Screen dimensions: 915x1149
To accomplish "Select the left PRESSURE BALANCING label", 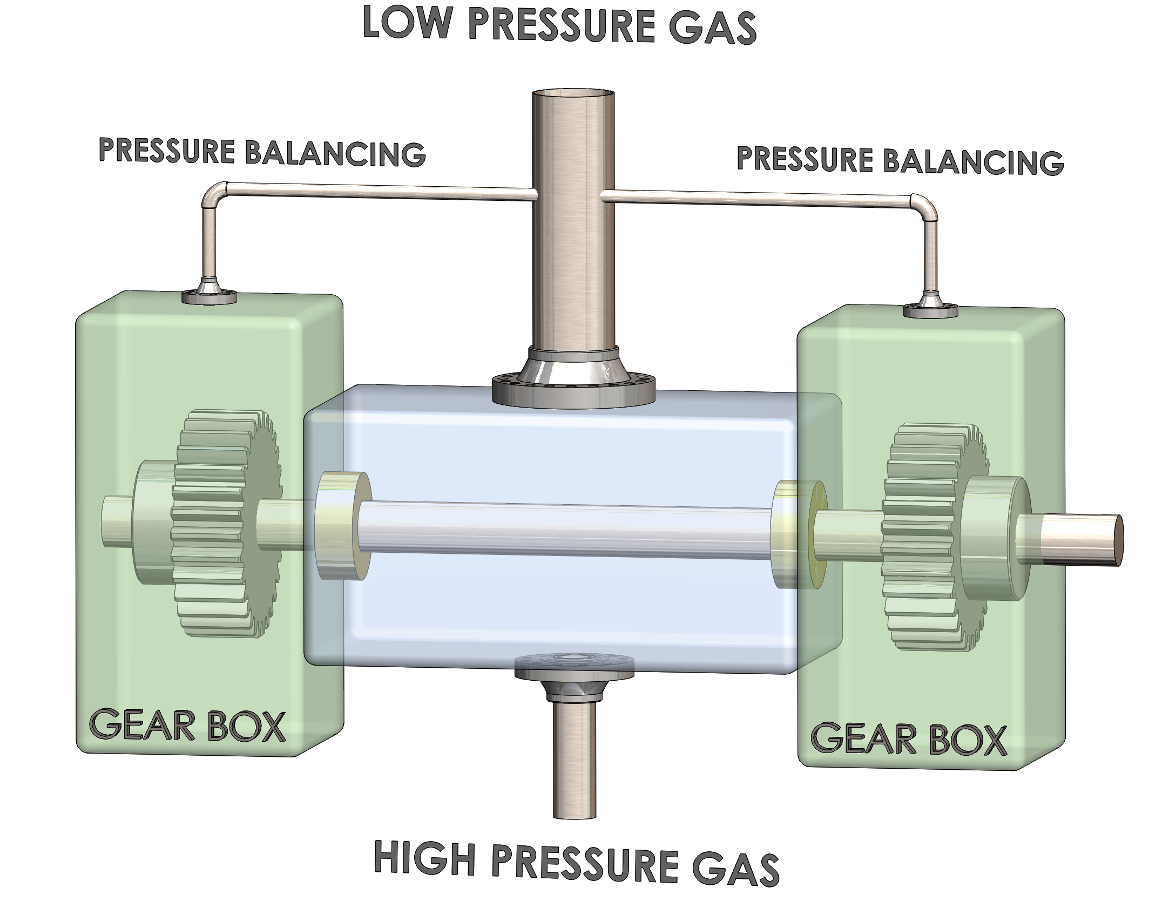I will pos(262,152).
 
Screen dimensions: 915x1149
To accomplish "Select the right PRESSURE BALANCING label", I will pos(900,160).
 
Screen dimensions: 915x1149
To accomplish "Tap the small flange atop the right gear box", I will pos(930,309).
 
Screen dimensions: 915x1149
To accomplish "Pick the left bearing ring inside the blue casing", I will pos(341,525).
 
